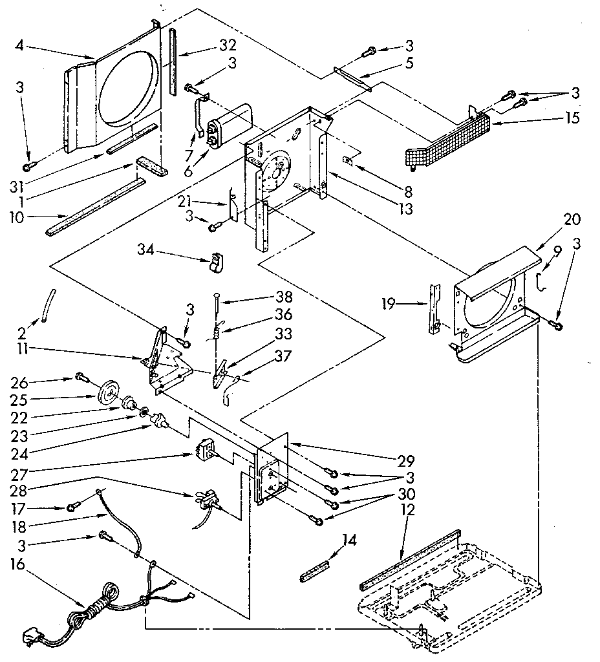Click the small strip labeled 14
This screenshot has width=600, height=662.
click(x=314, y=571)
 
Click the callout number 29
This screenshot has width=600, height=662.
click(x=406, y=460)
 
